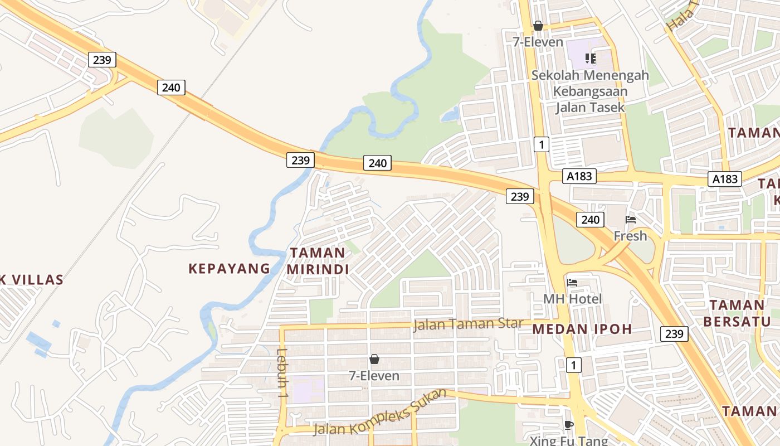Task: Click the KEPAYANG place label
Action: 229,269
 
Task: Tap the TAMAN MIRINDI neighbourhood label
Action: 318,261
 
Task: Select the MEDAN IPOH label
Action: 582,329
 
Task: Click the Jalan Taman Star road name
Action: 468,324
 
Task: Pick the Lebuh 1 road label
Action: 282,372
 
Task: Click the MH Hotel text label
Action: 572,299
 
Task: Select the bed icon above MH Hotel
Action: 572,282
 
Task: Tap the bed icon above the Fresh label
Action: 631,220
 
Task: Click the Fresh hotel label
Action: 630,236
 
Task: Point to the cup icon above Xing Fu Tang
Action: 568,425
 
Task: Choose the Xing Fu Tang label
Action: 568,441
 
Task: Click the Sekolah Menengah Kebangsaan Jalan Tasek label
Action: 590,91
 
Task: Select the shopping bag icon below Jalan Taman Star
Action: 374,359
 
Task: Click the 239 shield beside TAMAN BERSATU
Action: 674,334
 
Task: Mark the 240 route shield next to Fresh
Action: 590,220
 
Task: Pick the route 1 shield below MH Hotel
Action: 573,365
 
